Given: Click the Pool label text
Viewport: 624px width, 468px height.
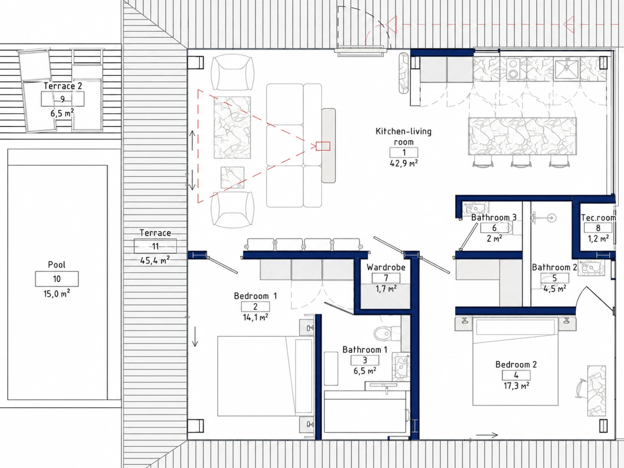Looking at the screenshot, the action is click(x=57, y=265).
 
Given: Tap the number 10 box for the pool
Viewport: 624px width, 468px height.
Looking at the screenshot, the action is click(x=57, y=279).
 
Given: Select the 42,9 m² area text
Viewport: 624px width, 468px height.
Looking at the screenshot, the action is click(x=404, y=163).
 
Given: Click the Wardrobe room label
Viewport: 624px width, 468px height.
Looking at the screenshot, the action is click(x=386, y=267).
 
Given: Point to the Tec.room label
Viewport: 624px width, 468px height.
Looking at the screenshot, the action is click(x=598, y=217).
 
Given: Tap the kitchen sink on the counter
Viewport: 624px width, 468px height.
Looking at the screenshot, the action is click(x=567, y=69).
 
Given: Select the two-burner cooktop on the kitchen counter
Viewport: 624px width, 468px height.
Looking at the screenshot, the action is click(x=513, y=69).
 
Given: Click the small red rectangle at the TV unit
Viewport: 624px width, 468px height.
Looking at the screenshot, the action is click(x=323, y=146).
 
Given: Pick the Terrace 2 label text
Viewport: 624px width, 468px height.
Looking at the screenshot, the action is click(x=63, y=86).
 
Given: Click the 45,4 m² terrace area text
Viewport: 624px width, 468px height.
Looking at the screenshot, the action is click(x=155, y=260).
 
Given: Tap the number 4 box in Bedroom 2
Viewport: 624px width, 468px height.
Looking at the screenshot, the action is click(x=516, y=375).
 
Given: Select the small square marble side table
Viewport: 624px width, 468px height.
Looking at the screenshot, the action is click(x=232, y=178).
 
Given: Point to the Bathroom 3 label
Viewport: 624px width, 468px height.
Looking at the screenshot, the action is click(x=494, y=217).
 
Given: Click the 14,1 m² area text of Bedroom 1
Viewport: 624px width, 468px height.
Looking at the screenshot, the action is click(x=256, y=317).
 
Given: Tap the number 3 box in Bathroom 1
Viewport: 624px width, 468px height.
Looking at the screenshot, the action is click(x=365, y=360).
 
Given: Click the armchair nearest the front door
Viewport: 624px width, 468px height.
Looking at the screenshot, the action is click(x=232, y=72).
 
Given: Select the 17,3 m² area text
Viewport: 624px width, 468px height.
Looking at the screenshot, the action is click(x=516, y=386).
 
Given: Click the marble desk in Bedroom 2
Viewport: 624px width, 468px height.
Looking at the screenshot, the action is click(x=597, y=391).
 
